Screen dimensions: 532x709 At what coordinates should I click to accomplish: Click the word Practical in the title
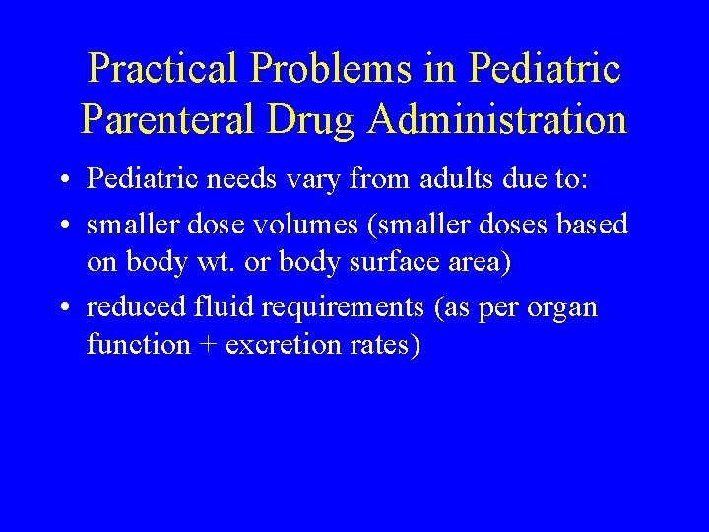pos(162,69)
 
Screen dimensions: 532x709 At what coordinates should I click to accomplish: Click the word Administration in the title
pos(498,120)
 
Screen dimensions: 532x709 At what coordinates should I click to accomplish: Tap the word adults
pos(439,180)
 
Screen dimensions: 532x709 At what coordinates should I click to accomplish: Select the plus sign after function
pos(205,346)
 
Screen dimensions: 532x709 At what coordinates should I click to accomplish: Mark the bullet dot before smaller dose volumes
pos(63,226)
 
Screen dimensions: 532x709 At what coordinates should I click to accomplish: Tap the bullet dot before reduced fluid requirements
pos(63,308)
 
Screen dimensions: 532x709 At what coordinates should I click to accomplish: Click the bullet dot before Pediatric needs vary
pos(63,181)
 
